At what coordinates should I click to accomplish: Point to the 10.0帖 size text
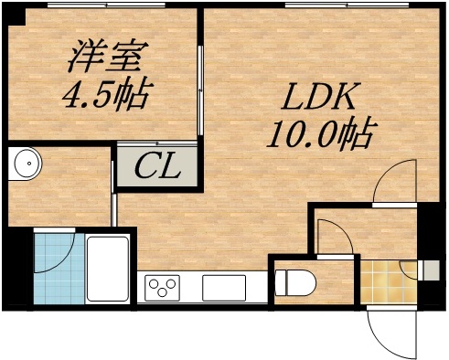318,136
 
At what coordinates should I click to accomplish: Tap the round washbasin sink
28,165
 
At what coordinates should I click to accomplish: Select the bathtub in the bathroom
109,268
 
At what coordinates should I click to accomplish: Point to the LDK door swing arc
399,182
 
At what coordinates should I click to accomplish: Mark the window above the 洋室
106,6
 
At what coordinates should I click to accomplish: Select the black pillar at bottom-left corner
13,270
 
